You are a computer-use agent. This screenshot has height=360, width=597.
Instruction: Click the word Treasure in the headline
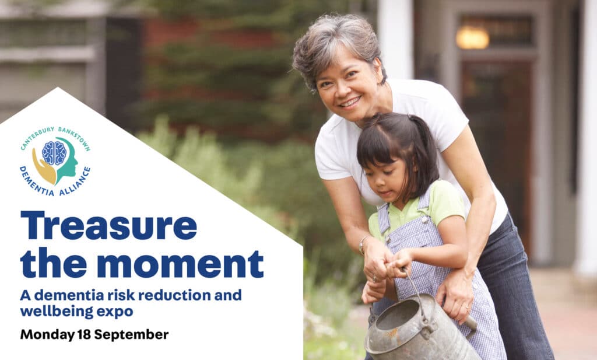pyautogui.click(x=108, y=226)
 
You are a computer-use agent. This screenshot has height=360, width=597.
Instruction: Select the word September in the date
pyautogui.click(x=131, y=335)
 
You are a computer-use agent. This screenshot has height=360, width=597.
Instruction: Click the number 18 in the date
pyautogui.click(x=84, y=334)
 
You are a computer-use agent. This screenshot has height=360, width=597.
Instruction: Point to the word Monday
pyautogui.click(x=47, y=335)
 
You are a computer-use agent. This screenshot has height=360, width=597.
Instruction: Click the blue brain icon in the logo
pyautogui.click(x=54, y=153)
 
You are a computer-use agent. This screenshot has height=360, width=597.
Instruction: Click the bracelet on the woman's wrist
pyautogui.click(x=363, y=244)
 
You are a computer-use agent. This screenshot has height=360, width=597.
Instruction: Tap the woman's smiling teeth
pyautogui.click(x=350, y=102)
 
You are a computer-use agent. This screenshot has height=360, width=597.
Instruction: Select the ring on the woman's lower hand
pyautogui.click(x=466, y=306)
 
